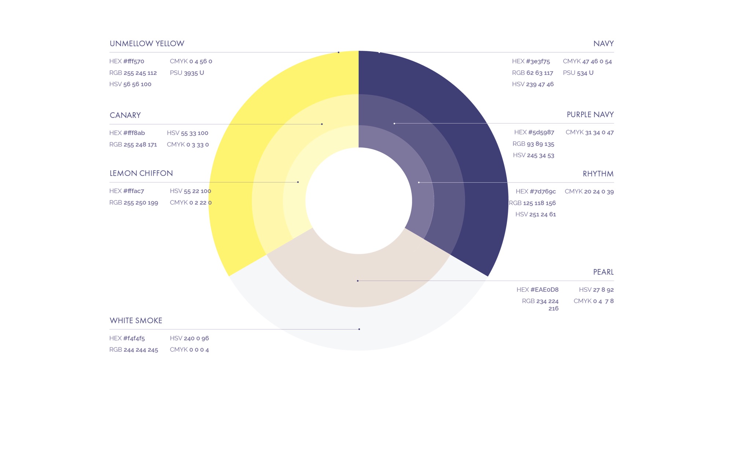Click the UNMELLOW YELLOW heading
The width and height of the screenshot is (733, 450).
click(147, 44)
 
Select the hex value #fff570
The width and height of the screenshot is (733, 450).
click(134, 61)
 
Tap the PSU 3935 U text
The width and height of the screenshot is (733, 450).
click(187, 73)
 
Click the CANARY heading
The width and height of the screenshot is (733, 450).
click(125, 115)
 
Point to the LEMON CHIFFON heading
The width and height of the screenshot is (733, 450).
click(141, 173)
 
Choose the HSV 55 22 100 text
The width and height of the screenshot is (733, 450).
click(190, 191)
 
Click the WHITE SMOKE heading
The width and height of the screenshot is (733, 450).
click(136, 321)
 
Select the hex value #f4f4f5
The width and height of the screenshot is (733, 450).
click(134, 338)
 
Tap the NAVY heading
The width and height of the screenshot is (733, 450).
click(603, 44)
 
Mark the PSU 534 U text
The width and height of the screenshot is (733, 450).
click(578, 73)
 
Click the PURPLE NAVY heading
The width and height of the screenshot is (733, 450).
click(590, 115)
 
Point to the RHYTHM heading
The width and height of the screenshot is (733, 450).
click(598, 174)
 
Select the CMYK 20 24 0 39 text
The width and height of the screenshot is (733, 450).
click(589, 191)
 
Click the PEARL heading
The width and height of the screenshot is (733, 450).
click(603, 272)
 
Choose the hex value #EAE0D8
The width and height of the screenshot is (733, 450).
click(544, 289)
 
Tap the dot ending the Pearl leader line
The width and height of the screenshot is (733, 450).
click(358, 281)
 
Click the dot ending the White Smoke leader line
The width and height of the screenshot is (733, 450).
click(359, 329)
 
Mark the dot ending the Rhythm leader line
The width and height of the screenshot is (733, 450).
click(419, 182)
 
